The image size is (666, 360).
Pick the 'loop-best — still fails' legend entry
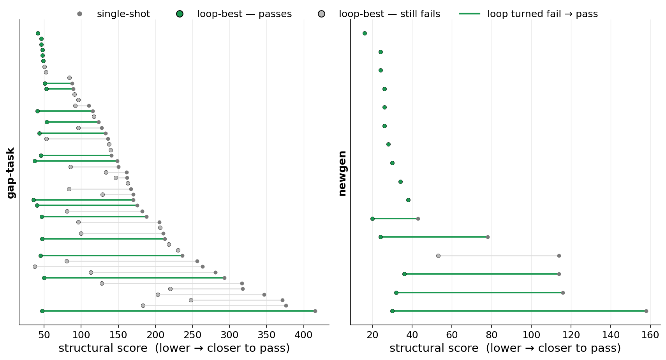point(379,14)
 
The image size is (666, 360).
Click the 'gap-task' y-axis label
point(11,173)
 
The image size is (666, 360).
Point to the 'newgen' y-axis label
point(342,173)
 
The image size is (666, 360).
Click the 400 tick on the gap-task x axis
point(303,335)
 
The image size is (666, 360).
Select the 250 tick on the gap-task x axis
point(192,335)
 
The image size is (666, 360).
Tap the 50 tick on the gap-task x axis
point(44,335)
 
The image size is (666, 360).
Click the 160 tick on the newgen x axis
point(650,335)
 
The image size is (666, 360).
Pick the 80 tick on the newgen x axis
point(492,335)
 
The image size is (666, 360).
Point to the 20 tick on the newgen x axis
point(372,335)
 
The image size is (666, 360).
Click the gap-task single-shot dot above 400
point(315,311)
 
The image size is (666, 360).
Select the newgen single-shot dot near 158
point(646,311)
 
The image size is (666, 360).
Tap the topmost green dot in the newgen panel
point(365,34)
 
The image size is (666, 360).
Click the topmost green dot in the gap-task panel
point(38,34)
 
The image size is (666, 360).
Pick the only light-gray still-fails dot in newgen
point(438,256)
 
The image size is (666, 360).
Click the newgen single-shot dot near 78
point(488,237)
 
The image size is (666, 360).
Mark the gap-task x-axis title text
point(174,348)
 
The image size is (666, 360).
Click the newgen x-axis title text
point(505,348)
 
